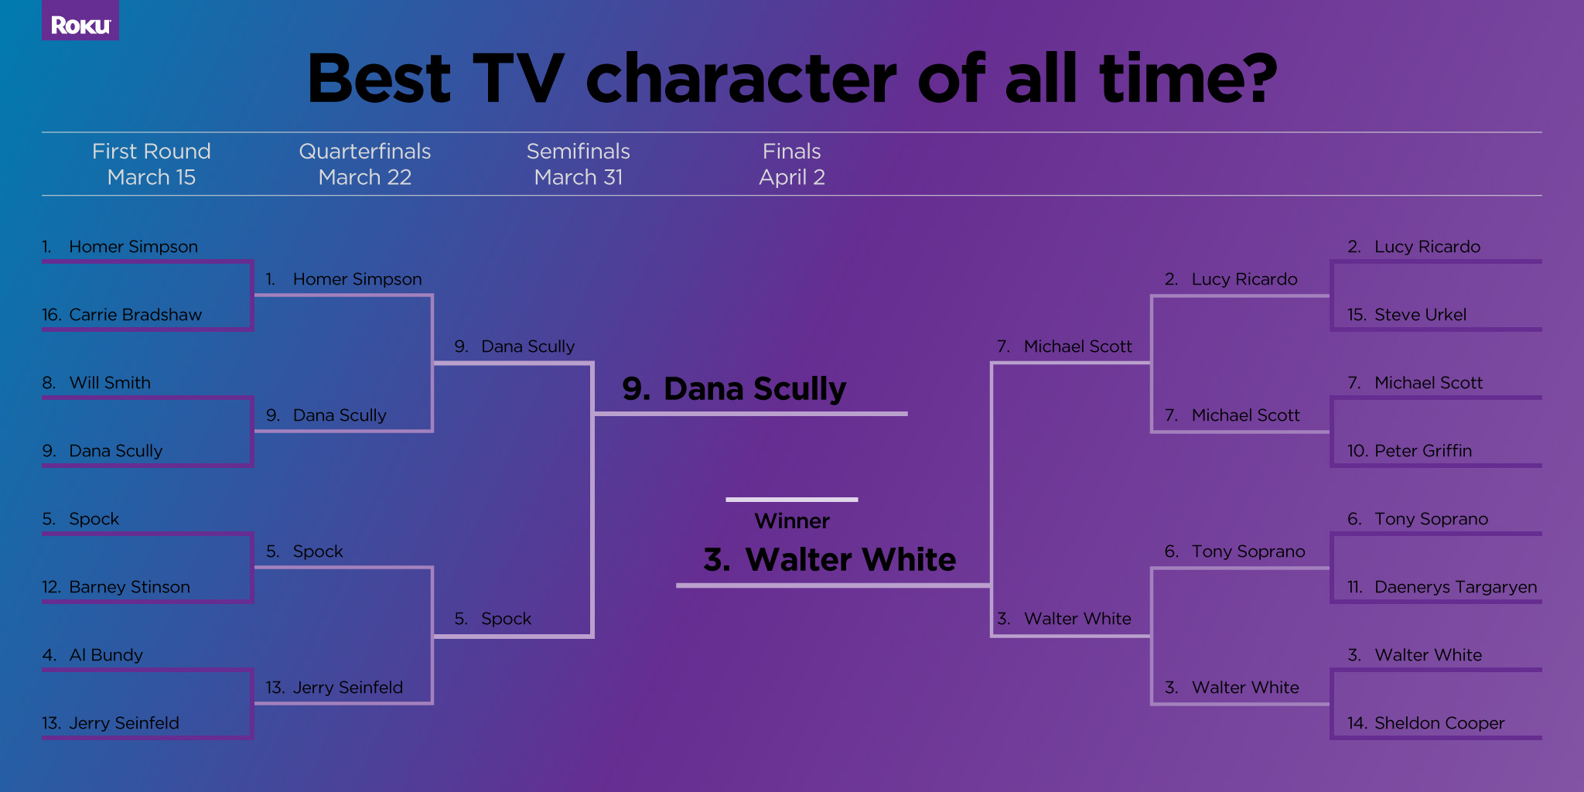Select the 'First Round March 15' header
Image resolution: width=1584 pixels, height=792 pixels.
[x=152, y=164]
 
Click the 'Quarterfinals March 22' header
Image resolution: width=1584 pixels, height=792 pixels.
[x=365, y=164]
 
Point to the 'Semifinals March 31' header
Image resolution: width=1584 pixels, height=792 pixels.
[x=579, y=164]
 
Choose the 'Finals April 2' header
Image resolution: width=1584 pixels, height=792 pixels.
[x=792, y=164]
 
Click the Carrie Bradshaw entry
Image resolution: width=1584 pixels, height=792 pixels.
[x=121, y=315]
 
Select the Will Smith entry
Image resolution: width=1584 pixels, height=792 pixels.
[x=97, y=383]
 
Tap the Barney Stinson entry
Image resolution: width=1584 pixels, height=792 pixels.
[x=116, y=587]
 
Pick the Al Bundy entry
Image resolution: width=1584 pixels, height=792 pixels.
[x=93, y=655]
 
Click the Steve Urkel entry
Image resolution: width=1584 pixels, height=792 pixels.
[x=1407, y=315]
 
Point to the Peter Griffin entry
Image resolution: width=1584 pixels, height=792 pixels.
[x=1409, y=451]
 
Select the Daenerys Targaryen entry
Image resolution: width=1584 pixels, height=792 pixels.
[x=1442, y=587]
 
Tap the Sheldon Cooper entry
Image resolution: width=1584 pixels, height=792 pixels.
[x=1426, y=723]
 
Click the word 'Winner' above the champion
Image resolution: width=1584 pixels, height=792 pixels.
[x=792, y=521]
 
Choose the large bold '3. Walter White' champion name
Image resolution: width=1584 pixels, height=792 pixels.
[x=830, y=559]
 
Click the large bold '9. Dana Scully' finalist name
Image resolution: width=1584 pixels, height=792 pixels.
[x=735, y=389]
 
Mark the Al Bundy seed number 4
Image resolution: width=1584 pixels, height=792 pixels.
[x=49, y=655]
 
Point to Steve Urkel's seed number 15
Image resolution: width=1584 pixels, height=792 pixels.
[x=1357, y=315]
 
